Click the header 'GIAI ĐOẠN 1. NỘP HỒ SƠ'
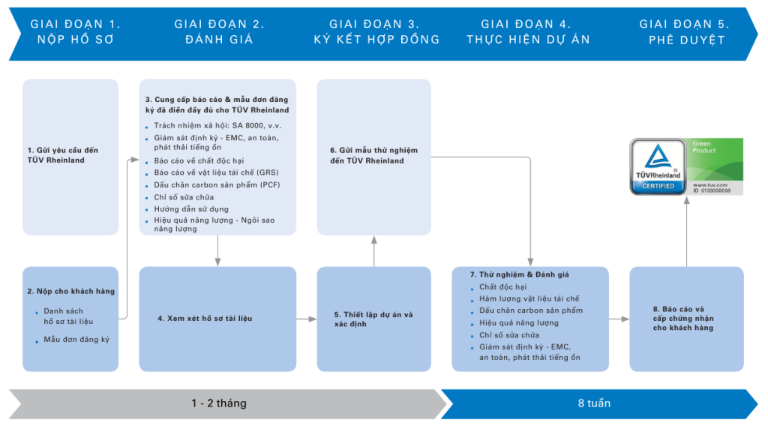click(x=75, y=31)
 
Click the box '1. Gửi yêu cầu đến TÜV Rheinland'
click(x=70, y=155)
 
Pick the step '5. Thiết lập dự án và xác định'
click(x=373, y=319)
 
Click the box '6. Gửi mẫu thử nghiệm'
click(x=373, y=156)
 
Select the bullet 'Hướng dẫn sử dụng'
click(x=191, y=208)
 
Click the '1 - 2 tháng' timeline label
click(x=218, y=403)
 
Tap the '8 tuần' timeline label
click(x=594, y=403)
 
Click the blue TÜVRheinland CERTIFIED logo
click(x=658, y=166)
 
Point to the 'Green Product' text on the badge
click(x=705, y=146)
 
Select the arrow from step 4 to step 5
click(x=306, y=319)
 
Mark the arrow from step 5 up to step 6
click(x=373, y=250)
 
